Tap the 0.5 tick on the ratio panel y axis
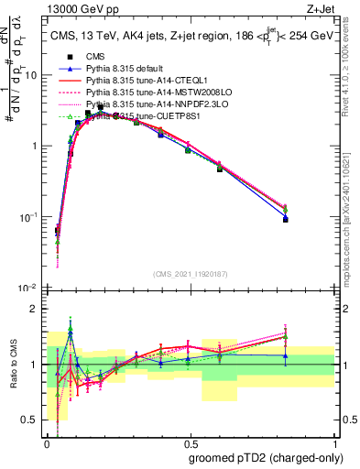32,420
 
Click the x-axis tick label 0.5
189,442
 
